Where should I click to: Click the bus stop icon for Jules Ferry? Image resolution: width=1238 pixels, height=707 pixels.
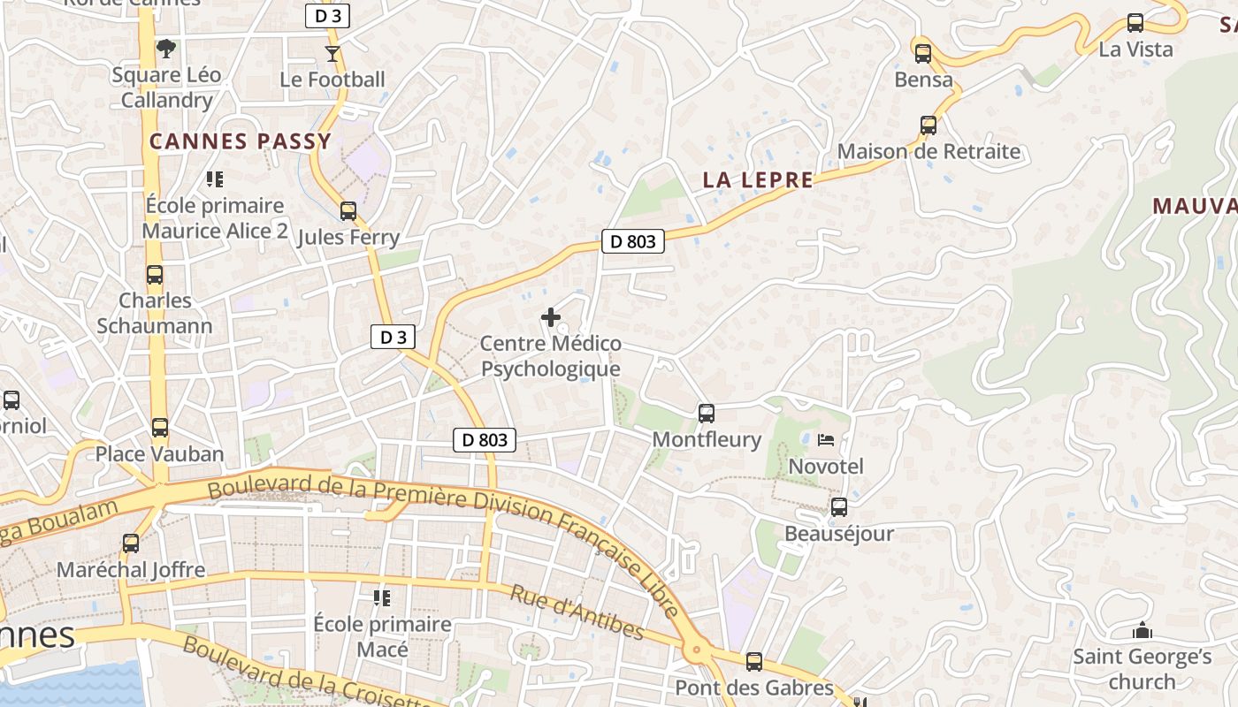[x=348, y=211]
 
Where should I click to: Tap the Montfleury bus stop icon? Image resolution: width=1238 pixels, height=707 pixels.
[x=706, y=414]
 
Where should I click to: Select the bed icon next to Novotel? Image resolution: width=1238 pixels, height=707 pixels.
[x=826, y=440]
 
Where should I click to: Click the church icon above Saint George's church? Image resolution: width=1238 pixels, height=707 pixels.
[x=1142, y=631]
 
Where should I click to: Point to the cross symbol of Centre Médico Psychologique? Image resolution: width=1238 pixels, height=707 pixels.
[x=551, y=317]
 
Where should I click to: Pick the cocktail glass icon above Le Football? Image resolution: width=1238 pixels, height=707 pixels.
[x=332, y=54]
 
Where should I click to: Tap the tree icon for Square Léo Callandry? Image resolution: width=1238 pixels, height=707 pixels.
[x=165, y=49]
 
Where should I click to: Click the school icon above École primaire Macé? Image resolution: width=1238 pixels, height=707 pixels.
[x=382, y=598]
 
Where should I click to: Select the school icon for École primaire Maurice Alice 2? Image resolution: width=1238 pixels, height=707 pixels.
[x=214, y=180]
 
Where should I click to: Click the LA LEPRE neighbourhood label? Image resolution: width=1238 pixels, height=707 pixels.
[x=758, y=180]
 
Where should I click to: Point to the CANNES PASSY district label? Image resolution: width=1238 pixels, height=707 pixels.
[x=240, y=141]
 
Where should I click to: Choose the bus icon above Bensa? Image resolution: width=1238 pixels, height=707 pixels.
[x=923, y=54]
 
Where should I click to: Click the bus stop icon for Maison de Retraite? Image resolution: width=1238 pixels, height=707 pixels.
[x=928, y=125]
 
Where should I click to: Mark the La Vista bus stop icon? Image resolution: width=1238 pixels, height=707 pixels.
[x=1135, y=24]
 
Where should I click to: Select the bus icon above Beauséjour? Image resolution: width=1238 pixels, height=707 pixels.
[x=838, y=508]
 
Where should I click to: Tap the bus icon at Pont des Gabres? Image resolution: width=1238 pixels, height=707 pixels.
[x=754, y=662]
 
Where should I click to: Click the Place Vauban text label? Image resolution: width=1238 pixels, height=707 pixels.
[x=159, y=454]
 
